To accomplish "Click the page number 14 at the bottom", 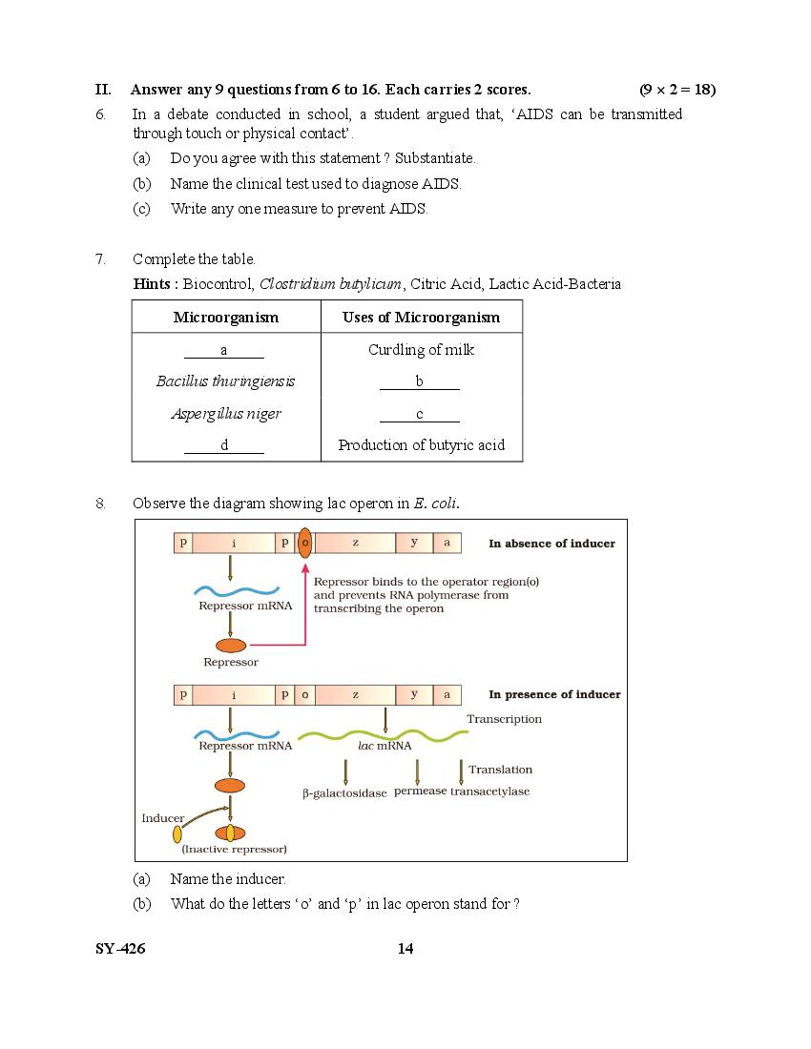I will [x=405, y=948].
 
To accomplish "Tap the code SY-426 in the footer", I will [x=120, y=948].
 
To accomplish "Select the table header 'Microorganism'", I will [x=226, y=318].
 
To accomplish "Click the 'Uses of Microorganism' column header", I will [x=421, y=318].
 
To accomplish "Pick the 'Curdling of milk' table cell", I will [x=421, y=350].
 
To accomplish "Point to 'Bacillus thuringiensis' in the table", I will [x=225, y=381].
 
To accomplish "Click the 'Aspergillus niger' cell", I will [x=226, y=414].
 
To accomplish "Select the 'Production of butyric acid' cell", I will [x=421, y=445].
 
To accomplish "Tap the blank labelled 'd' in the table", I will [x=224, y=445].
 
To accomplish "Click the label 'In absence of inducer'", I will [x=551, y=544].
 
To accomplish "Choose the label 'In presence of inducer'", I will [x=554, y=694].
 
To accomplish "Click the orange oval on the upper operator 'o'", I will [x=305, y=543].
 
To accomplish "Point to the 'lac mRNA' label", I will [x=385, y=746].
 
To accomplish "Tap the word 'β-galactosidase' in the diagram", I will [x=344, y=792].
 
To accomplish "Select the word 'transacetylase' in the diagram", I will [x=490, y=792].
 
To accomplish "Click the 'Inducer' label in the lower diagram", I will [x=162, y=818].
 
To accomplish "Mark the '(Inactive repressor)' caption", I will [x=235, y=849].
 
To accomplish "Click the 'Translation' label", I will [x=500, y=770].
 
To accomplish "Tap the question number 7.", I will [x=100, y=259].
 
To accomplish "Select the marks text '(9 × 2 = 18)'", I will [x=677, y=90].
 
